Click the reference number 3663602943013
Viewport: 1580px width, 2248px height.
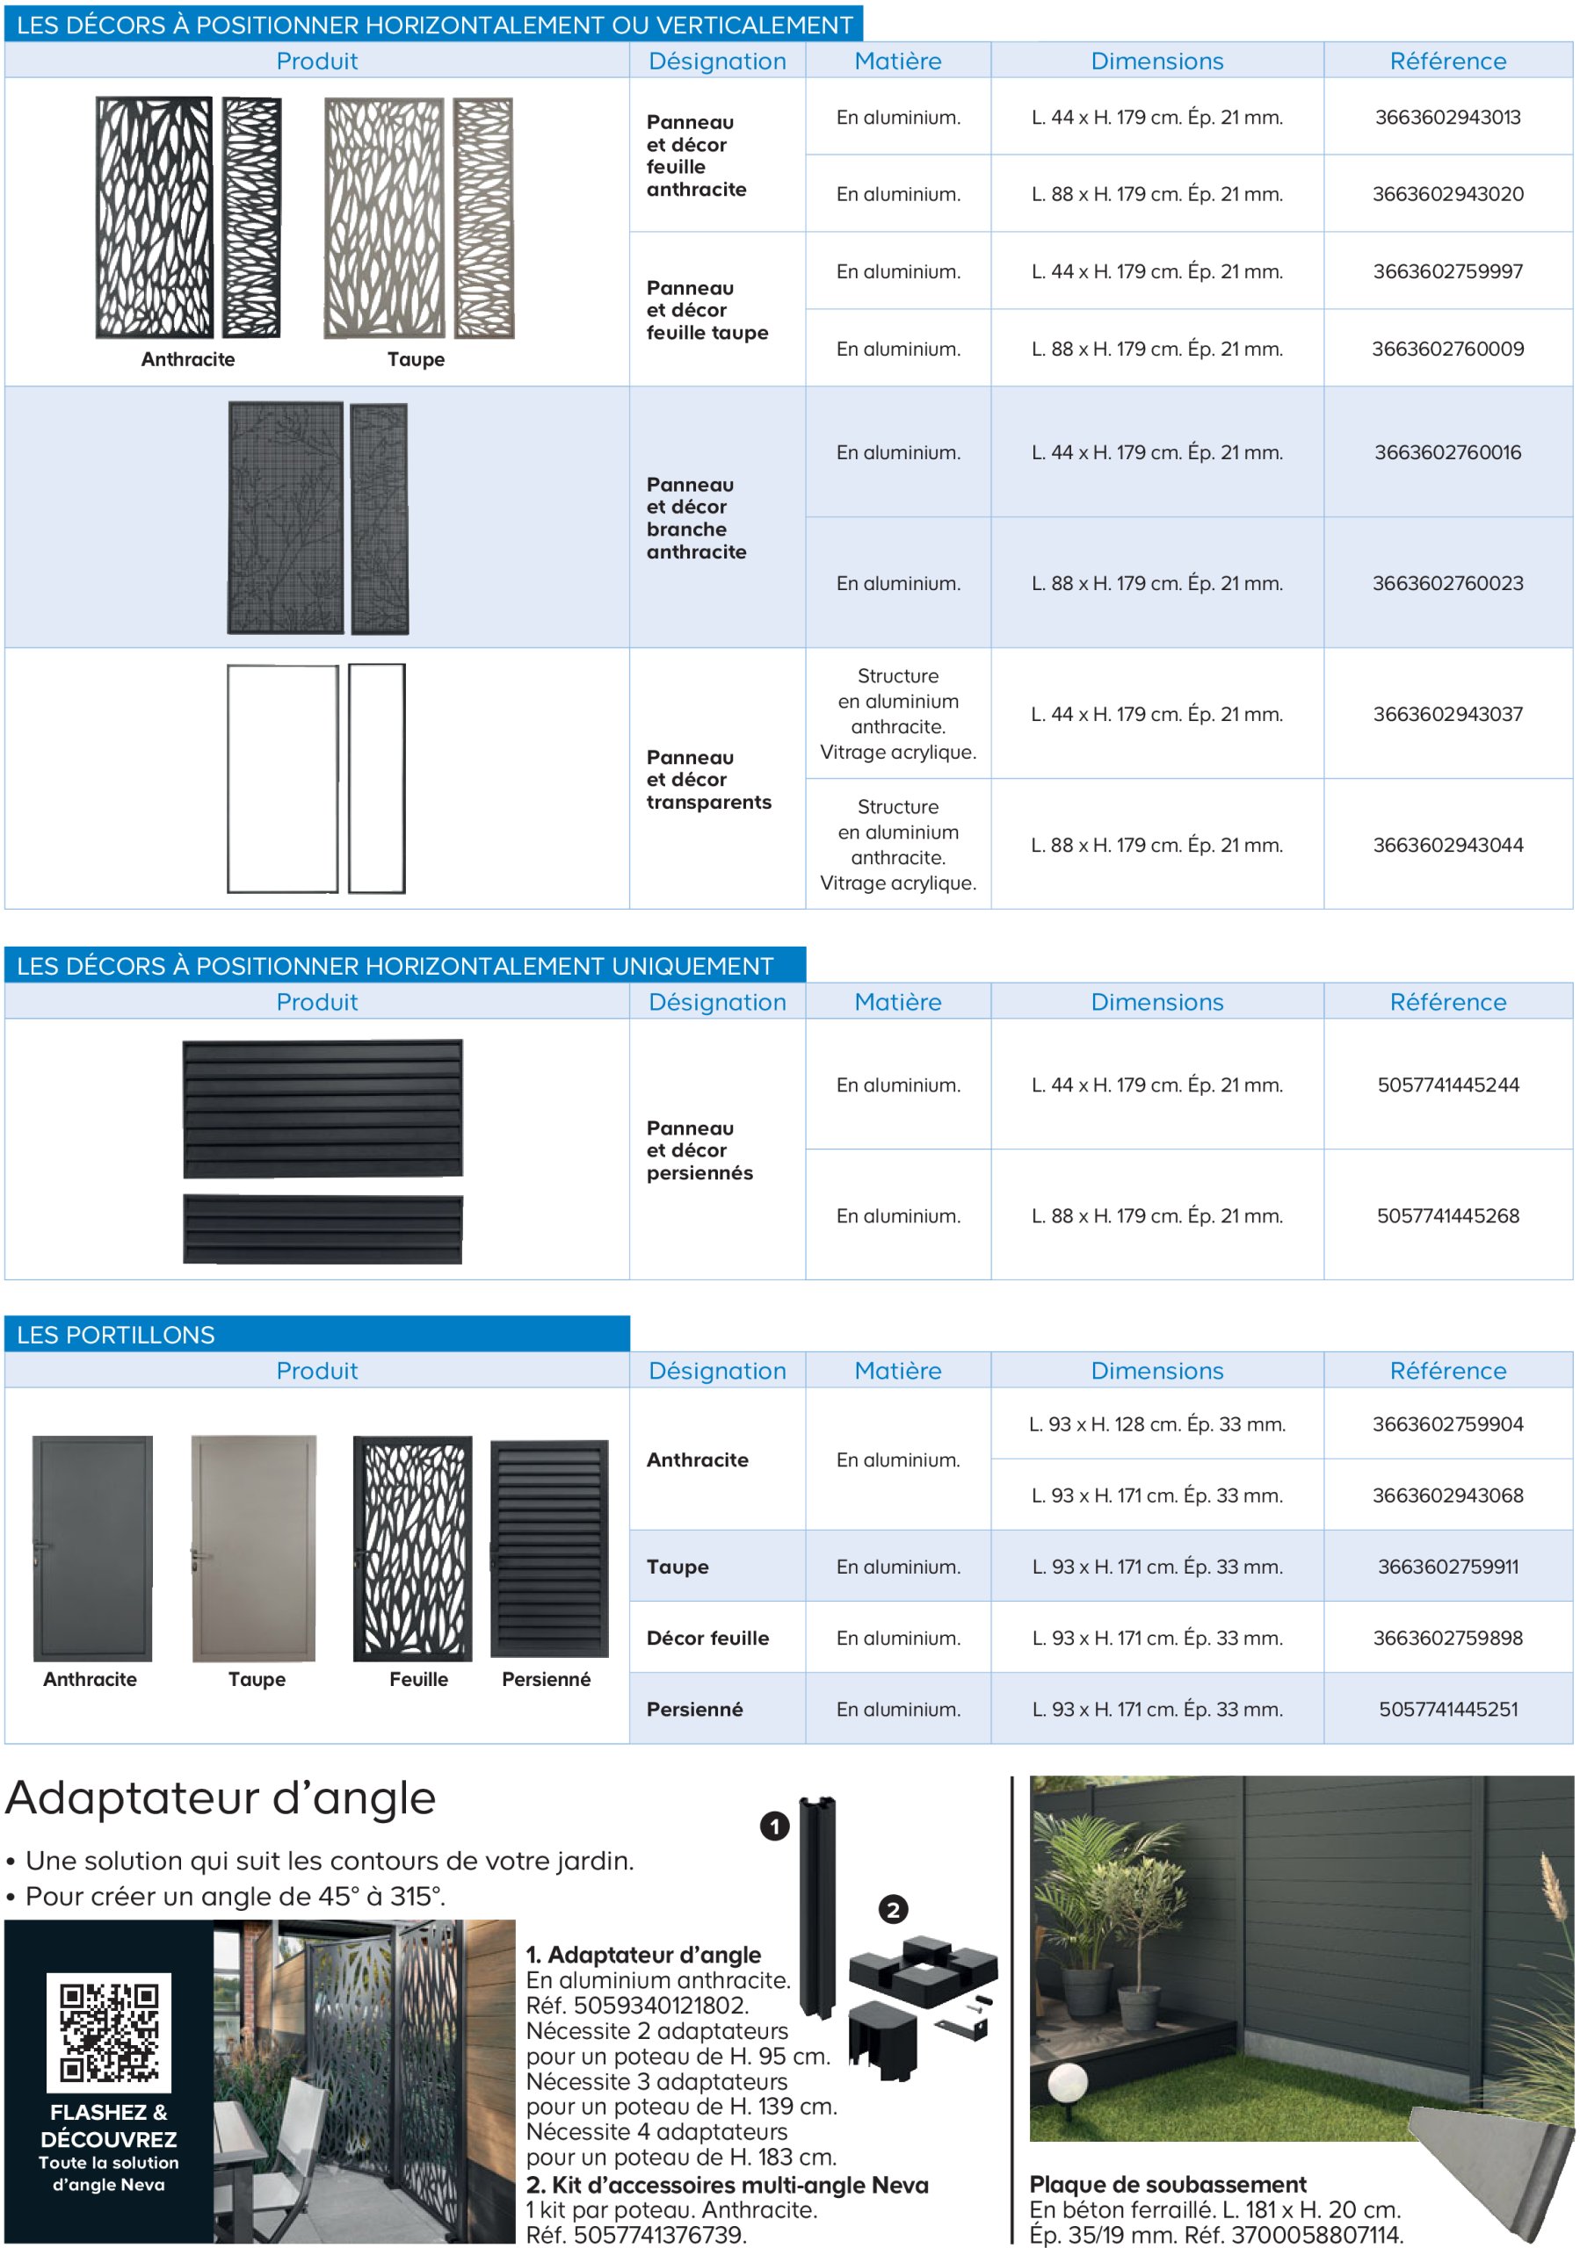pyautogui.click(x=1446, y=118)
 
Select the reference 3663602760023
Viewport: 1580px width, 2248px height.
pyautogui.click(x=1446, y=584)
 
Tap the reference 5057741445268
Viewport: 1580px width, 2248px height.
pyautogui.click(x=1446, y=1216)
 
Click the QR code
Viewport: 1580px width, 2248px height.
pyautogui.click(x=109, y=2032)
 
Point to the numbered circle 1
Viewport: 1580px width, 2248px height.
pyautogui.click(x=774, y=1826)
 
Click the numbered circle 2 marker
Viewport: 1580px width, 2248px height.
pyautogui.click(x=891, y=1909)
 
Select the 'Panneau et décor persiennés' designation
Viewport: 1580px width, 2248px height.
pyautogui.click(x=699, y=1150)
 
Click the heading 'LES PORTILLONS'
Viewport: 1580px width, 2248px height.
pyautogui.click(x=116, y=1335)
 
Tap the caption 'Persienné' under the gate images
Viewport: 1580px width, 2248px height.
pyautogui.click(x=546, y=1679)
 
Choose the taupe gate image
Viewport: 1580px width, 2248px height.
pyautogui.click(x=254, y=1548)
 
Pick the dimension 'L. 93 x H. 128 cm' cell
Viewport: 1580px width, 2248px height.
pyautogui.click(x=1156, y=1424)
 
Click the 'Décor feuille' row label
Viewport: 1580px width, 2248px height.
pyautogui.click(x=707, y=1638)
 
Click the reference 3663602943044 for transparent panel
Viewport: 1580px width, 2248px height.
pyautogui.click(x=1446, y=845)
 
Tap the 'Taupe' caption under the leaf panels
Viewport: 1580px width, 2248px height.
pyautogui.click(x=416, y=359)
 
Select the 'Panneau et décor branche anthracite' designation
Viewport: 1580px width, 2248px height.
pyautogui.click(x=695, y=518)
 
